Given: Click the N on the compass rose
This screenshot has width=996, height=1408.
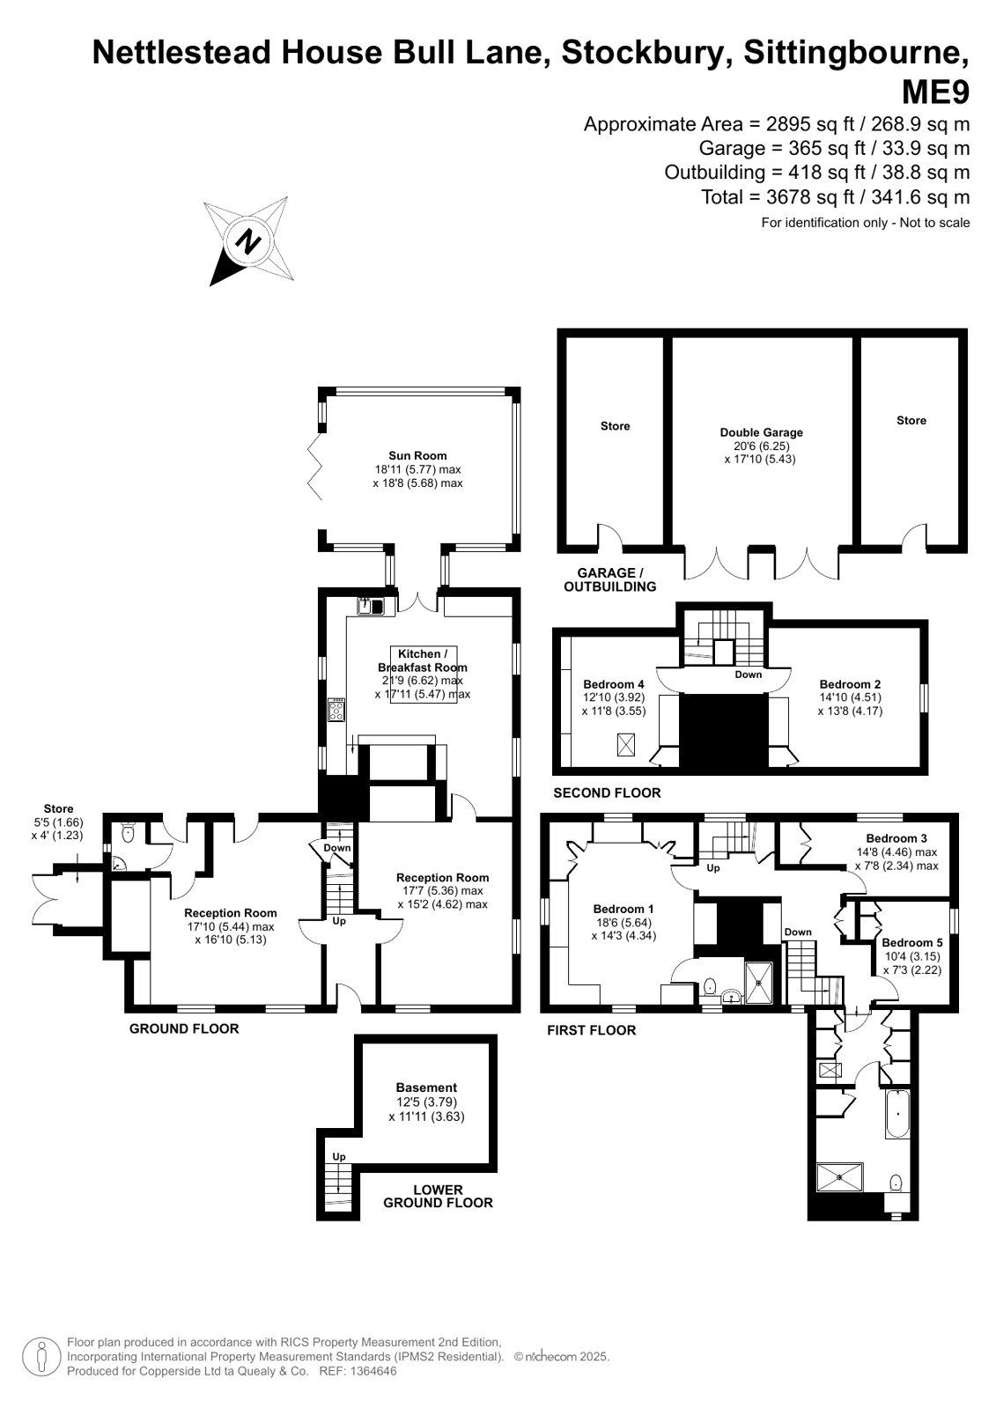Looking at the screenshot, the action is (x=249, y=242).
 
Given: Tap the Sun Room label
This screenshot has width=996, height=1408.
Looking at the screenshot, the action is (x=417, y=456).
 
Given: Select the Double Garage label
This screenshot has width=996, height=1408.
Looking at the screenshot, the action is (x=761, y=432).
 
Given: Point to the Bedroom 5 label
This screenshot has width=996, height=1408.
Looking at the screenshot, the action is (x=911, y=942).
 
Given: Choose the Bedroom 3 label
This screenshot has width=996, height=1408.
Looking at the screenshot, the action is (x=896, y=838).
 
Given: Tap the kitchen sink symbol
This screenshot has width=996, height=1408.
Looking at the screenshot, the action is (x=371, y=606).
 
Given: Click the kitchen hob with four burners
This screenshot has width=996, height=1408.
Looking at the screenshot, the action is (x=336, y=710).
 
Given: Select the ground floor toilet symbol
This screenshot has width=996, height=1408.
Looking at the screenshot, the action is (x=129, y=833).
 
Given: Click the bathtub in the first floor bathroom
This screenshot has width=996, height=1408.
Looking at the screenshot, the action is (x=897, y=1114).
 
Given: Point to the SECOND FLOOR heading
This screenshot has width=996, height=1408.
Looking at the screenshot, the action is (x=607, y=792).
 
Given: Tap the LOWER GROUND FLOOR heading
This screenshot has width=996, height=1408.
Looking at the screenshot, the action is (x=438, y=1196).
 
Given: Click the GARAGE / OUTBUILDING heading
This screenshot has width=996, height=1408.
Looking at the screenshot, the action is (x=610, y=579).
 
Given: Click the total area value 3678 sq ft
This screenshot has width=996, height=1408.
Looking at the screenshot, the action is (x=810, y=197).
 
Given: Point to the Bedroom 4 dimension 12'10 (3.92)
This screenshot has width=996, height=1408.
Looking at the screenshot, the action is (x=614, y=697).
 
